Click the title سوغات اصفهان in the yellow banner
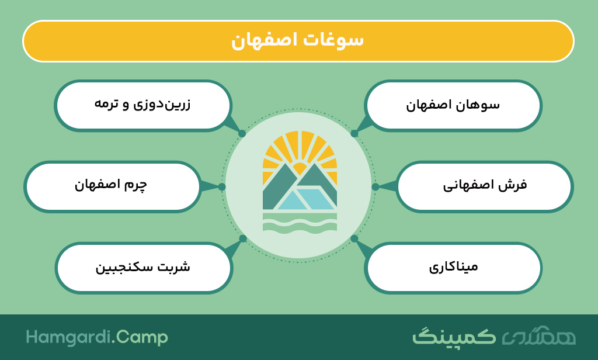[297, 41]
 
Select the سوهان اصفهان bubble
[453, 105]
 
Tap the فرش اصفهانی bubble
[485, 186]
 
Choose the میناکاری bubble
[453, 268]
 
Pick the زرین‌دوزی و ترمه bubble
[143, 105]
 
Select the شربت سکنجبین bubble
[144, 268]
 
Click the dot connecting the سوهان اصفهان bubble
[354, 134]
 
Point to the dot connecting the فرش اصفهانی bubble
[376, 186]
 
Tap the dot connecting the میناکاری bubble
[354, 238]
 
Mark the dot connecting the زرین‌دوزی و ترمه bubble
[242, 134]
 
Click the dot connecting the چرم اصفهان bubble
[222, 186]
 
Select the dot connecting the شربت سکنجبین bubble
[242, 238]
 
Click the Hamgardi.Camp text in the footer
[97, 338]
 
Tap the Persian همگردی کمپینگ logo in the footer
[494, 336]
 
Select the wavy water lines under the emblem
[300, 222]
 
